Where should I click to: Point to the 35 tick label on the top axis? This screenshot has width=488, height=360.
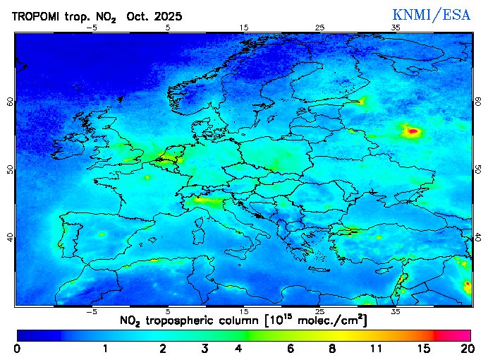pos(396,28)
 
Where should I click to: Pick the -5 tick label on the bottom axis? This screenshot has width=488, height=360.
pos(91,311)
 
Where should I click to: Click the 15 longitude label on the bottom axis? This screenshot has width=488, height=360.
pos(243,311)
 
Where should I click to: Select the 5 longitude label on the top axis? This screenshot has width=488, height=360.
pos(167,28)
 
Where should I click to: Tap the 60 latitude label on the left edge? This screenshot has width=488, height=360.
pos(10,101)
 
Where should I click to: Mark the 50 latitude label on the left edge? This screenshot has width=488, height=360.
pos(10,169)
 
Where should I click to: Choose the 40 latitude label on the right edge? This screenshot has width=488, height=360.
pos(478,237)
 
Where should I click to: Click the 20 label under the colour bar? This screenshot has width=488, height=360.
pos(465,349)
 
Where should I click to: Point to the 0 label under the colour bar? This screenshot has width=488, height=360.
pos(17,349)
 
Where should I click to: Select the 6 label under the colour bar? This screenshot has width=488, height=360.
pos(291,349)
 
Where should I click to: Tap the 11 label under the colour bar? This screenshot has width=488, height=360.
pos(376,349)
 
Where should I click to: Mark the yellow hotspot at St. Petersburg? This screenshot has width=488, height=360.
pos(362,101)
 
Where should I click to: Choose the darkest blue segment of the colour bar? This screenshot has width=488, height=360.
pos(39,335)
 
